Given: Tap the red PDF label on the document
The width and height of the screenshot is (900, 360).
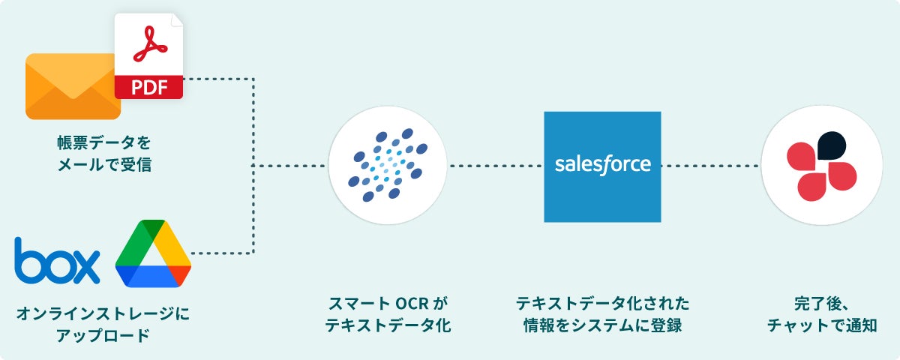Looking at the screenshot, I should (148, 87).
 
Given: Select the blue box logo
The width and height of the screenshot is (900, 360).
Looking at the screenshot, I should (56, 261).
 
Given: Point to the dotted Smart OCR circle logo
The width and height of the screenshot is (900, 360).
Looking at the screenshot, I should (387, 166).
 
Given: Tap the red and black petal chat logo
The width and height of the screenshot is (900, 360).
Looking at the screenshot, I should (820, 166).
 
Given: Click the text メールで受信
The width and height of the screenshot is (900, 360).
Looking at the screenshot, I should (104, 163).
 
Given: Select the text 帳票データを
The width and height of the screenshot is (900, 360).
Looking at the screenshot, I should (104, 142).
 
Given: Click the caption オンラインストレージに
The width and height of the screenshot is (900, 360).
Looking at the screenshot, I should (103, 312).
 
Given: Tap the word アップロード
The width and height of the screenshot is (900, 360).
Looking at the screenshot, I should (103, 334).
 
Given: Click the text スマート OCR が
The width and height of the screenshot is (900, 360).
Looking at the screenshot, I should (387, 304).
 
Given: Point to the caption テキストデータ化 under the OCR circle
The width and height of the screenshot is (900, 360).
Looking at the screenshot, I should (387, 326).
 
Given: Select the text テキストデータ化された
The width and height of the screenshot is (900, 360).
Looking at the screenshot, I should (602, 304).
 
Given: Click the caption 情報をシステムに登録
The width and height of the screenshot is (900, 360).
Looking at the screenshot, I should (602, 326).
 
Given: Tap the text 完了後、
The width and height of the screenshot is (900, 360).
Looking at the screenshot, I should (820, 304).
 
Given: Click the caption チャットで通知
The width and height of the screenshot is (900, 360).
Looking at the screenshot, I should (820, 326).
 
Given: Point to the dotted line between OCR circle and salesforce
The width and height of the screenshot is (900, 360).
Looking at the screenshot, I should (495, 165).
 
